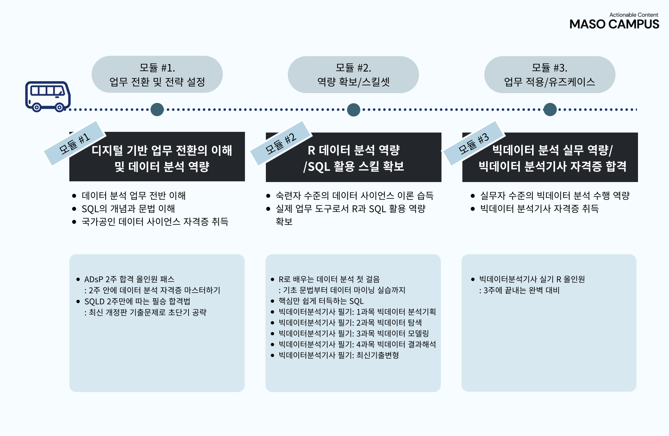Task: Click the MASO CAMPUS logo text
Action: point(614,24)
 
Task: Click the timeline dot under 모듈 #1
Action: point(157,110)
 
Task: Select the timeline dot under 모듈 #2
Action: point(353,110)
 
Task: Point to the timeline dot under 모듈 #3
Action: point(550,110)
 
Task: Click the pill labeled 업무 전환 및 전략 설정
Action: point(157,75)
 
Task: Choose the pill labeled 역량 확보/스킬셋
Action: point(353,75)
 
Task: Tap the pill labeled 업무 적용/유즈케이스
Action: point(549,75)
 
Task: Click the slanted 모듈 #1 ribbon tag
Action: point(74,143)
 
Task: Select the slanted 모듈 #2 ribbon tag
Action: point(281,143)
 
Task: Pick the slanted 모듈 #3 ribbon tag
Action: point(474,143)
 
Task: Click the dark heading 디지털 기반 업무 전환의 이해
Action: point(162,150)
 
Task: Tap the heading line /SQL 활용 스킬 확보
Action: point(354,166)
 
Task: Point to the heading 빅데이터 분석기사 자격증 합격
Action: point(552,166)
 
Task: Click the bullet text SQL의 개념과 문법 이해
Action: point(128,209)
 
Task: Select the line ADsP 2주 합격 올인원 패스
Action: point(129,279)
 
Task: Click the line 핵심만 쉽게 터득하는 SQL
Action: point(321,301)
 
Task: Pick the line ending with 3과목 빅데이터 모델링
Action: point(354,333)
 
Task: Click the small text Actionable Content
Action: point(633,15)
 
